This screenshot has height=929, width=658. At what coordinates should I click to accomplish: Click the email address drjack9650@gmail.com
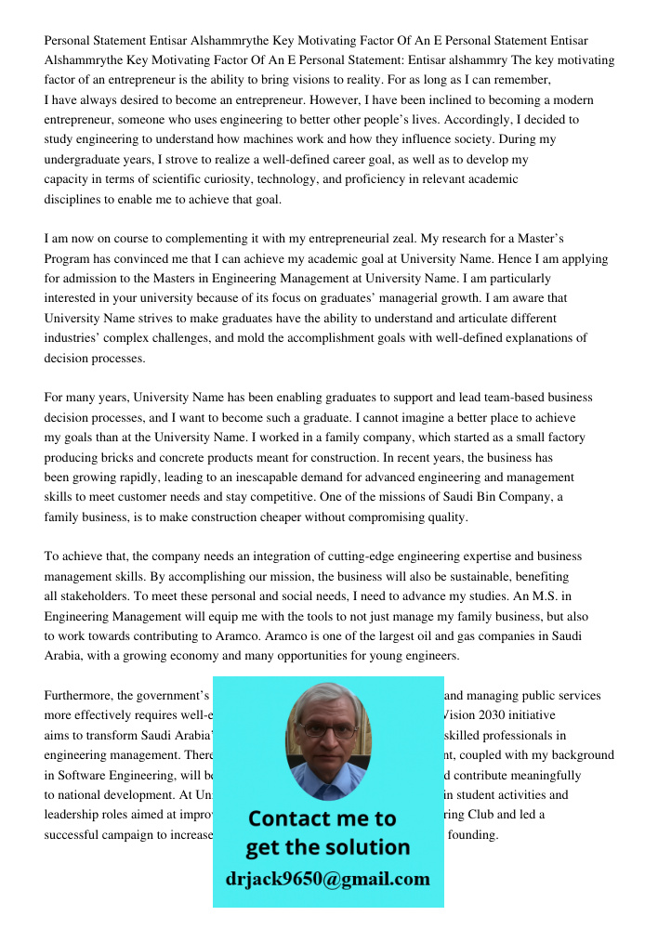(327, 879)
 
